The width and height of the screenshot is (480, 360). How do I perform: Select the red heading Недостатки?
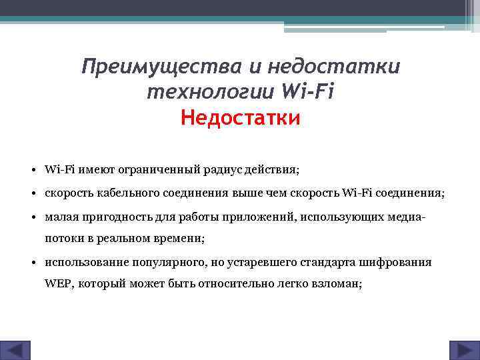tap(241, 118)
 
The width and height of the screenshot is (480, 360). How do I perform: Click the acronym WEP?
tap(59, 283)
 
